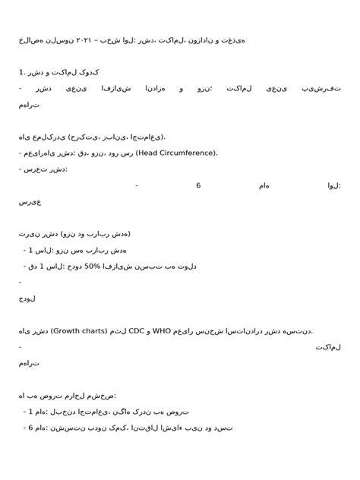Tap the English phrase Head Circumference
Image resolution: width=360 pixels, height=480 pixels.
[175, 153]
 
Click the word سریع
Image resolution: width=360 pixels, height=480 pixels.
[30, 202]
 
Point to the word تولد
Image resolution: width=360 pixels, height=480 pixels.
[193, 266]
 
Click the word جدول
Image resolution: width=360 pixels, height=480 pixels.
[27, 298]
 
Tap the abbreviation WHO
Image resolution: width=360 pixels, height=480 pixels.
[163, 330]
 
